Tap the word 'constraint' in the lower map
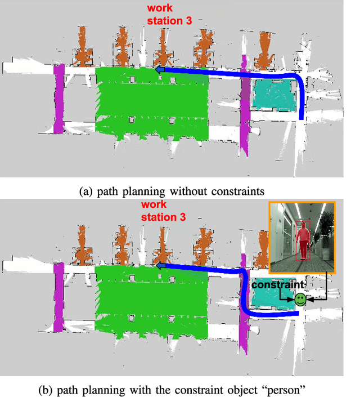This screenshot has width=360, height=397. click(274, 285)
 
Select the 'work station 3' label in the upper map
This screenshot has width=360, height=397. click(168, 15)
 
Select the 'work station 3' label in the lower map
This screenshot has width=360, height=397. click(162, 211)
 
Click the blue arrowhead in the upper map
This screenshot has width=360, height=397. click(160, 70)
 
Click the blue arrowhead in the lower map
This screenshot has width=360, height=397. click(160, 265)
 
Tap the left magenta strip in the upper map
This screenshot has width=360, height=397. click(58, 99)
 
